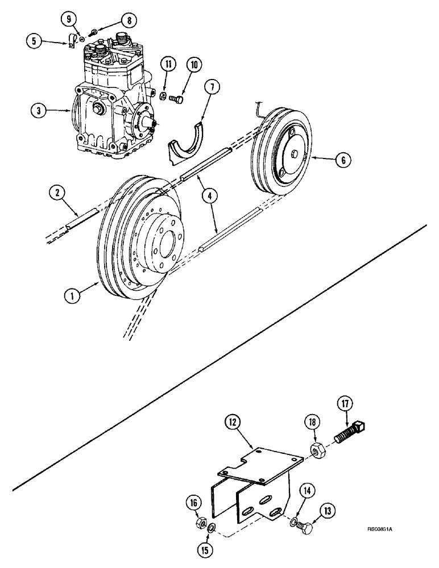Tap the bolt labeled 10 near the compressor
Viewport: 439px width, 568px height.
click(179, 100)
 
